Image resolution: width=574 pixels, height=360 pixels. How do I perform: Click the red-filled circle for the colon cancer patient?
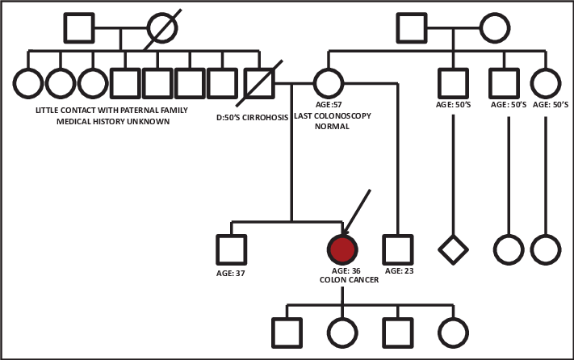342,249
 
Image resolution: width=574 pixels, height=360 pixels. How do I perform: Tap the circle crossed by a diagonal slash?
161,30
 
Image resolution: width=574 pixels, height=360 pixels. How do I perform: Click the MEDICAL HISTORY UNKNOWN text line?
113,120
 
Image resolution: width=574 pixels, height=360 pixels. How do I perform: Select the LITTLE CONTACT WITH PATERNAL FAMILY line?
113,108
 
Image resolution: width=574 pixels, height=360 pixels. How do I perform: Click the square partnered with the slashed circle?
79,30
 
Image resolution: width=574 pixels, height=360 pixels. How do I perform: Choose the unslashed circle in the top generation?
494,30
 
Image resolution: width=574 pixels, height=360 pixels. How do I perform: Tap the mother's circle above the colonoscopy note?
326,83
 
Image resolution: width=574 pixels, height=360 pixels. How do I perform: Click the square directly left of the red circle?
232,249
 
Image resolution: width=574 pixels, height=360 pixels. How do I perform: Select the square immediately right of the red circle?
398,249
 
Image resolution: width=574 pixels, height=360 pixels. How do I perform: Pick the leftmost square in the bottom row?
284,332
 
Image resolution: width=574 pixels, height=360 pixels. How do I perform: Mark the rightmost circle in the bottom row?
453,332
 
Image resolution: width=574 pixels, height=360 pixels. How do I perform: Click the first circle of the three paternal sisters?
27,83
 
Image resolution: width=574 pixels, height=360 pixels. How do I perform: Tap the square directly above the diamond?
454,83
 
